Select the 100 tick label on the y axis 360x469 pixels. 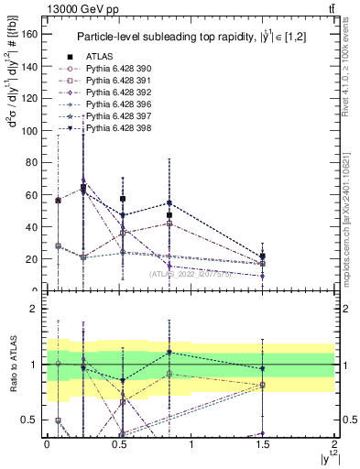(32, 130)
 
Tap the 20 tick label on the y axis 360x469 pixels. (35, 258)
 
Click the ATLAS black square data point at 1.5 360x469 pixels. (263, 256)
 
